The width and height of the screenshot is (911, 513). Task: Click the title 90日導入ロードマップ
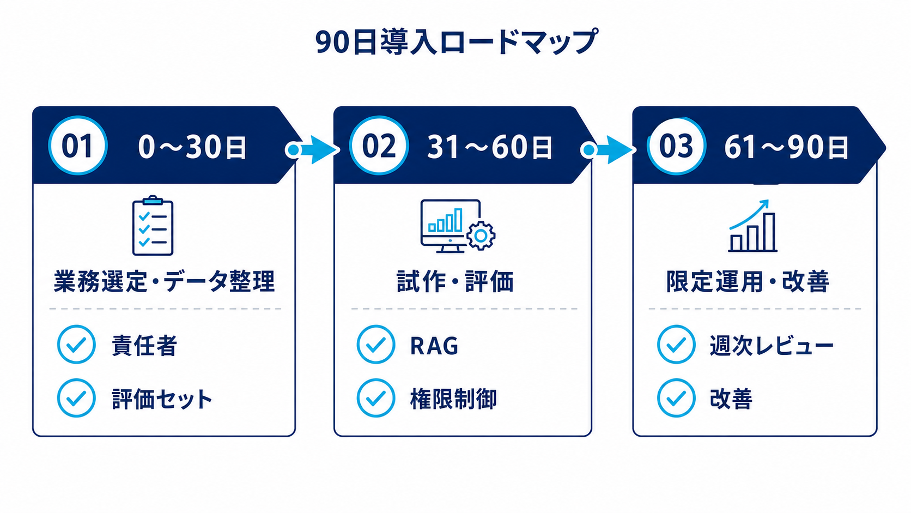tap(456, 41)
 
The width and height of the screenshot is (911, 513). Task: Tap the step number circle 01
tap(78, 146)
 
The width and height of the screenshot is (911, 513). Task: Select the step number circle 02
tap(379, 146)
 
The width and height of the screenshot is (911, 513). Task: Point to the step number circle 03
tap(676, 146)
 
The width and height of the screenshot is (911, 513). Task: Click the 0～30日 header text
tap(192, 147)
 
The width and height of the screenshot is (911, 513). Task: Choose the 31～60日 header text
tap(490, 147)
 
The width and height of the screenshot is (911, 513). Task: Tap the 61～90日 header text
tap(786, 147)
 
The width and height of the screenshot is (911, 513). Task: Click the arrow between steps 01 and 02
tap(312, 150)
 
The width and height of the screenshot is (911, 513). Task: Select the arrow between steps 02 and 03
tap(609, 150)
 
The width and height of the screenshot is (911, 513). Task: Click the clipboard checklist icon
tap(153, 225)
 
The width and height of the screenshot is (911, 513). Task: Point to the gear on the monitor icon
tap(481, 236)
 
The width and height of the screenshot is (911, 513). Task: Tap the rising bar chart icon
tap(752, 226)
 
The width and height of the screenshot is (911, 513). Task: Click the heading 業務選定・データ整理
tap(165, 281)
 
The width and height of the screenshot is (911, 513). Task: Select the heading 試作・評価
tap(455, 281)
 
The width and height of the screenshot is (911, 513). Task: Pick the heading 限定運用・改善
tap(748, 281)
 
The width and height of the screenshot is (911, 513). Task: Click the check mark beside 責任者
tap(76, 345)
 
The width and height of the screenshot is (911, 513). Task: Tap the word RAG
tap(434, 346)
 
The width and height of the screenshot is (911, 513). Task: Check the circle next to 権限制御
tap(376, 399)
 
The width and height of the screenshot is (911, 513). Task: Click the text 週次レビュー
tap(772, 346)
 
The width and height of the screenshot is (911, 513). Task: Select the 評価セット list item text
tap(162, 399)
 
